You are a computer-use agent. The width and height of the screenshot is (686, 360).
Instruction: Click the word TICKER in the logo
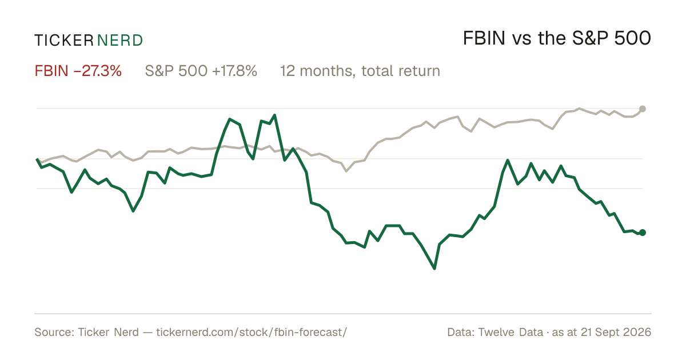(x=64, y=41)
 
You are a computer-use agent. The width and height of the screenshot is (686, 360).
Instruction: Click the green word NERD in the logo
(x=120, y=41)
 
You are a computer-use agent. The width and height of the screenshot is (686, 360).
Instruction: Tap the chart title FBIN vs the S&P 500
(x=557, y=38)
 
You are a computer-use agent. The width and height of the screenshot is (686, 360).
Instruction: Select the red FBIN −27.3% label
(x=78, y=71)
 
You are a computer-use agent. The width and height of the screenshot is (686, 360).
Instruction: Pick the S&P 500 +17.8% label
(x=201, y=71)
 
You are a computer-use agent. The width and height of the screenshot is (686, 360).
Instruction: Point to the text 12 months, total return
(x=360, y=71)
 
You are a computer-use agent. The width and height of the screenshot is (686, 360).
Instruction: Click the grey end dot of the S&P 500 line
(x=643, y=109)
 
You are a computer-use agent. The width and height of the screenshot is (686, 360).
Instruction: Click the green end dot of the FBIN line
(x=643, y=233)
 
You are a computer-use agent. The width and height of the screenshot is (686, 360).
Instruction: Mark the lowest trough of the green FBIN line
(x=434, y=269)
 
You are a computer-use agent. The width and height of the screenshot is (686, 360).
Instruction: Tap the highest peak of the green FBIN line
(x=275, y=115)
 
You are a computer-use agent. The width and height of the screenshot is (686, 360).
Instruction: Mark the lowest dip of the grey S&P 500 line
(x=346, y=171)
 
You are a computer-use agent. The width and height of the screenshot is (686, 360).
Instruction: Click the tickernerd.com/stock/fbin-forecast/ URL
(x=252, y=332)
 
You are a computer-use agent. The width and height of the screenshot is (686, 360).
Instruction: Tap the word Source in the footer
(x=54, y=332)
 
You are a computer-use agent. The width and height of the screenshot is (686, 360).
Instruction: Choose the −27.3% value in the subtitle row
(x=97, y=71)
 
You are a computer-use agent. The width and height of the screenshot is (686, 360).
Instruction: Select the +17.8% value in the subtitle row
(x=234, y=71)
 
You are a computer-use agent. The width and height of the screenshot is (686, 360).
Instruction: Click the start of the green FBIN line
(x=37, y=159)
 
